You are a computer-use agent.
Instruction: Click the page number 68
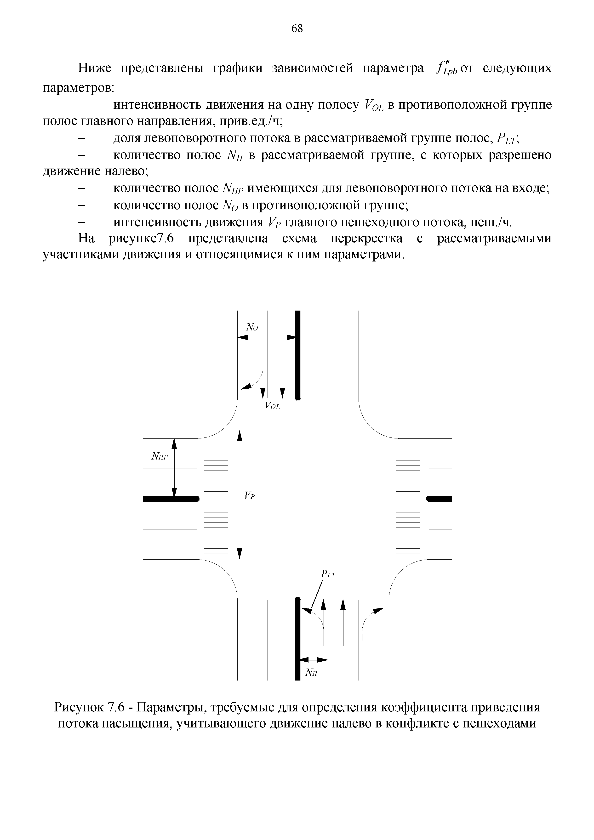[x=297, y=28]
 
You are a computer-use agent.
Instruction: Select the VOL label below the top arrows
[x=272, y=406]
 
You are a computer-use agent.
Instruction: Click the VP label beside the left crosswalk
[x=249, y=496]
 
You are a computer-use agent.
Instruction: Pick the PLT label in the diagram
[x=328, y=574]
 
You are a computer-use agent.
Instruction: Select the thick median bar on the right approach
[x=439, y=498]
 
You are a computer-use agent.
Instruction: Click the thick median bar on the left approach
[x=171, y=498]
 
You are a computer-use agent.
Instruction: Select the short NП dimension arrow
[x=314, y=660]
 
